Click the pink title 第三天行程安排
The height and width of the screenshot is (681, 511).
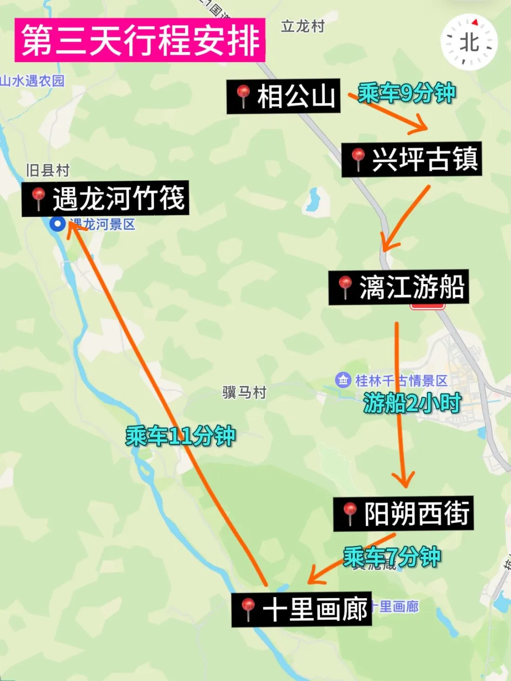click(140, 40)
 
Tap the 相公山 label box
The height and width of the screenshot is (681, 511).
click(283, 96)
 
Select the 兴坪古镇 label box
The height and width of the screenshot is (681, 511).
click(412, 159)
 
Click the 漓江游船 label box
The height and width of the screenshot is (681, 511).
click(399, 287)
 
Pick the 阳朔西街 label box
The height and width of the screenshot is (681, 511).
click(404, 514)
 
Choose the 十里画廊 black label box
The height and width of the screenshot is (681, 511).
click(301, 609)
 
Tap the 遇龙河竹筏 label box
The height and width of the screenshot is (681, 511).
click(106, 198)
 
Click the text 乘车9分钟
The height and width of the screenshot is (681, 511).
click(406, 93)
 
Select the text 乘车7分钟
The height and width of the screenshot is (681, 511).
click(392, 557)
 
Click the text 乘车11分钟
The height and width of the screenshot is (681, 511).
click(180, 436)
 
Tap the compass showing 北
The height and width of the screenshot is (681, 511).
click(469, 43)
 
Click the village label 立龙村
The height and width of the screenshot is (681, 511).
click(303, 26)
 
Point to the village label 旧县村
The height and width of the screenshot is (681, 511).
click(47, 170)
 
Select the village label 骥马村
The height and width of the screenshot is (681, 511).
click(245, 392)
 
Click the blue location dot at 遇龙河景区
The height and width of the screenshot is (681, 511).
click(58, 224)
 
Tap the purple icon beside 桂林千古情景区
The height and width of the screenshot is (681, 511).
click(343, 380)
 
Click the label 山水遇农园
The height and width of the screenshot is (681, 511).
click(32, 81)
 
